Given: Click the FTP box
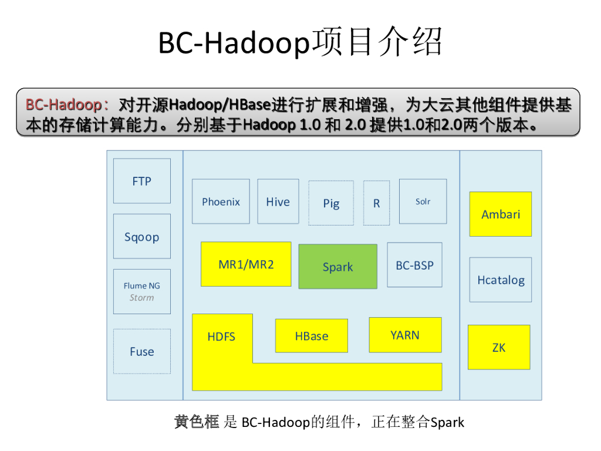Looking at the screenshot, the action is point(141,181).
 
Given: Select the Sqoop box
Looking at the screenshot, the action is point(141,236).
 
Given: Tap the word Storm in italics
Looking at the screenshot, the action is point(141,298).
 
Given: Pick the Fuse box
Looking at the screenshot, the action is point(141,351).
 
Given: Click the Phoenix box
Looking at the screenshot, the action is point(221,201).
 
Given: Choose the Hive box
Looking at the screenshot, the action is point(278,201).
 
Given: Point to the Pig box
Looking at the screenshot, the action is point(331,203).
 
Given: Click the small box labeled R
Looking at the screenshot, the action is point(376,203).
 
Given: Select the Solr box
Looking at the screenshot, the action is point(423,201).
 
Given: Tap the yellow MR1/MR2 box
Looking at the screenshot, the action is point(246,264).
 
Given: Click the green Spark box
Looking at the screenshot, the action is point(337,267).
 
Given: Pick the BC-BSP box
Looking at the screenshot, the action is point(414,265).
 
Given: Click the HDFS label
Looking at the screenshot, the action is point(221,336).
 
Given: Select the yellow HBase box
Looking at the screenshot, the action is point(311,336).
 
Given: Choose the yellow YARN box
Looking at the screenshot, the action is point(405,335).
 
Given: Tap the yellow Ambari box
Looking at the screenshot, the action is point(501,214).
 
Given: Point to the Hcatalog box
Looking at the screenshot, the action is point(501,280).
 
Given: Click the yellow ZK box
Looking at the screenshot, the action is point(499,347).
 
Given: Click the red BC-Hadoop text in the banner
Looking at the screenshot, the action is point(63,105).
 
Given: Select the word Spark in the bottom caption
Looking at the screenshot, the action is point(447,422).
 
